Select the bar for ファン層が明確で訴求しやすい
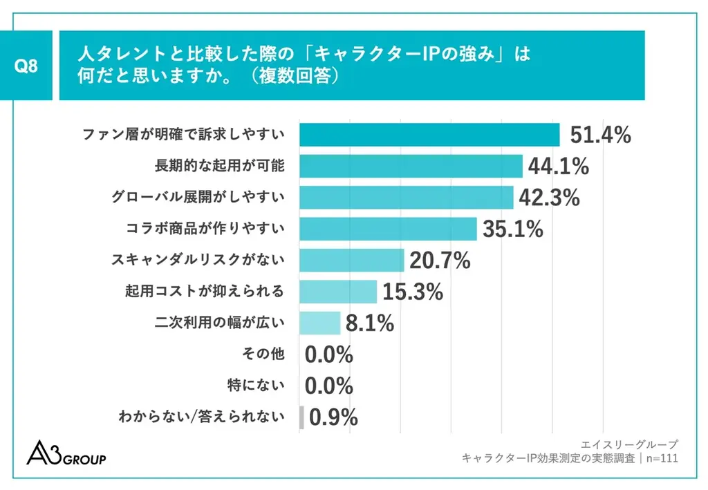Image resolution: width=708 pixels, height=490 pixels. point(429,135)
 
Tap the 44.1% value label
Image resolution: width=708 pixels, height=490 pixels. point(558,167)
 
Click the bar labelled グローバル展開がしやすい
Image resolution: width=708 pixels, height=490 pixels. point(406,198)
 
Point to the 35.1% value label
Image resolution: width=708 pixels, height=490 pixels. point(512,229)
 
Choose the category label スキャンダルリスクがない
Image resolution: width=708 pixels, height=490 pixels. point(198,261)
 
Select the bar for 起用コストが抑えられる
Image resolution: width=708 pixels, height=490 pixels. point(337,292)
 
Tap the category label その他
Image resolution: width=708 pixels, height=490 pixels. point(263,355)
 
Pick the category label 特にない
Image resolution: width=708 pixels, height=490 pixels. point(256,386)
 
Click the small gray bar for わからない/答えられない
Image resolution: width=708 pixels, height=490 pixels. point(301,417)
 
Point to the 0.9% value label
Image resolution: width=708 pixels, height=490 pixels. point(333,417)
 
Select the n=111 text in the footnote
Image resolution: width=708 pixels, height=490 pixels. point(661,458)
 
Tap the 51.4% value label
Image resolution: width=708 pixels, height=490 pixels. point(600,135)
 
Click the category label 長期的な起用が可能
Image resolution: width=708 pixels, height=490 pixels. point(219,167)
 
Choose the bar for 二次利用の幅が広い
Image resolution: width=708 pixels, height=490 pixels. point(319,323)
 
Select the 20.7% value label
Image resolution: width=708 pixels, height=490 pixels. point(440,261)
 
